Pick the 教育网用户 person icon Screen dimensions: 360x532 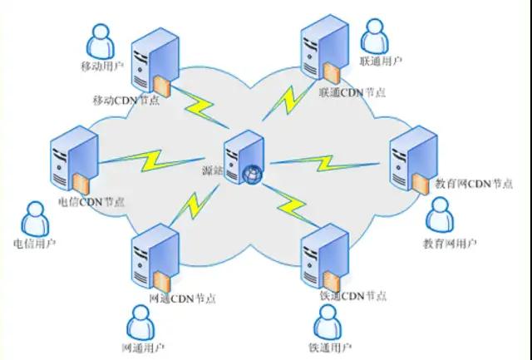click(441, 215)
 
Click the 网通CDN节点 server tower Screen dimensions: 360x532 click(155, 254)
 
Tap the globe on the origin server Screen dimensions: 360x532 click(252, 175)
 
